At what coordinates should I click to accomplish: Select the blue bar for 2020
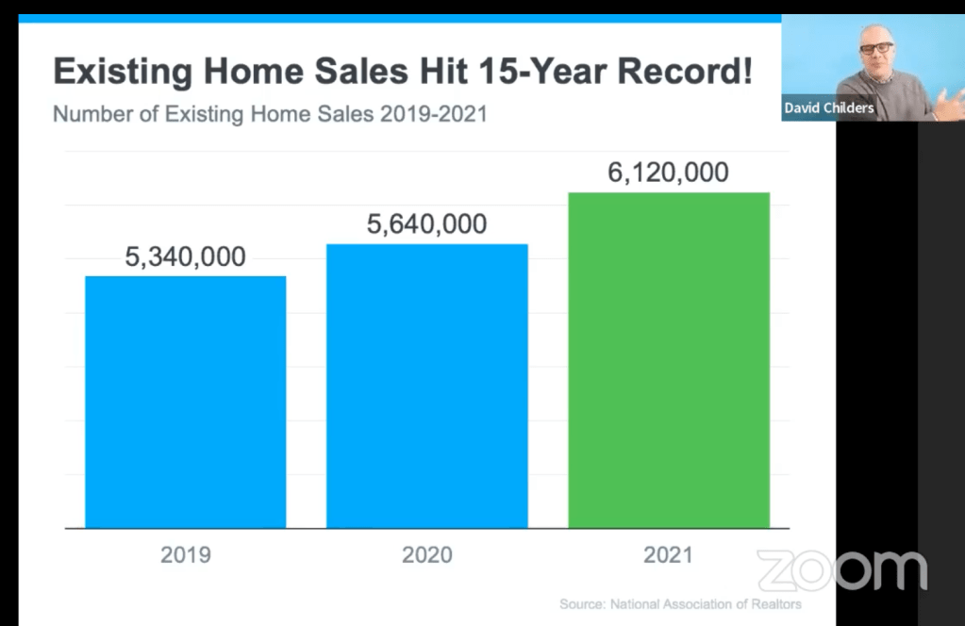click(426, 386)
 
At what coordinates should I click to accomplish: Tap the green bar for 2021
click(668, 360)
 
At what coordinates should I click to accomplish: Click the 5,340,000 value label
click(186, 256)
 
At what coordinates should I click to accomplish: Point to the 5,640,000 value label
click(427, 224)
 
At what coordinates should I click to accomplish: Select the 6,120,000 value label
click(668, 173)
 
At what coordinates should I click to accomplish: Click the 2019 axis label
click(186, 554)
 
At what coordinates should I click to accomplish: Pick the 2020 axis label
click(427, 554)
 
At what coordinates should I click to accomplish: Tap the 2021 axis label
click(668, 554)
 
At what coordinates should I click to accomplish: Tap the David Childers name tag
click(829, 108)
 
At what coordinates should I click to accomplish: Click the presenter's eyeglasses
click(877, 47)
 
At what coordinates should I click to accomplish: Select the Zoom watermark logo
click(841, 570)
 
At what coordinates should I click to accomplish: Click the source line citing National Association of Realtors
click(680, 603)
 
